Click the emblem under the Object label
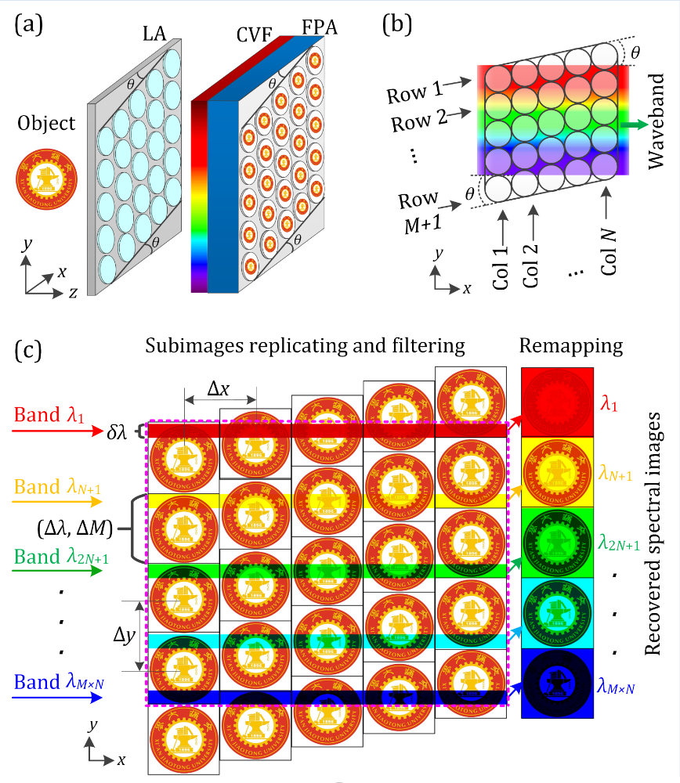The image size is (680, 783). coord(46,181)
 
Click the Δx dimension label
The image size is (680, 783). coord(218,388)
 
